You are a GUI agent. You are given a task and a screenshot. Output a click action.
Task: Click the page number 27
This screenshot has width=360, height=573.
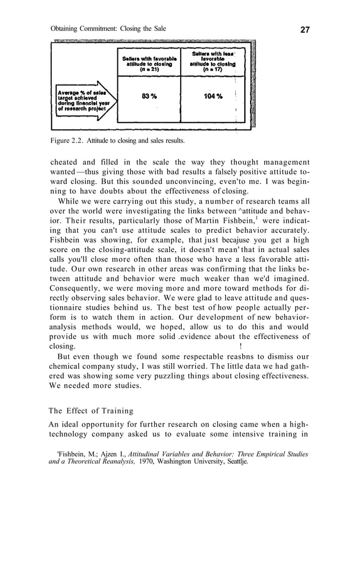(305, 29)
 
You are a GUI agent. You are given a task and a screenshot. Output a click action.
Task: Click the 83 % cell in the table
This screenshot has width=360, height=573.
(150, 96)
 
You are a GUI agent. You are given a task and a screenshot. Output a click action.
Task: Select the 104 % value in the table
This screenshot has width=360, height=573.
(213, 96)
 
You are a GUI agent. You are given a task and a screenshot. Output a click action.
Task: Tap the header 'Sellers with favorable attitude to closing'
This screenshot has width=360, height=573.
(150, 61)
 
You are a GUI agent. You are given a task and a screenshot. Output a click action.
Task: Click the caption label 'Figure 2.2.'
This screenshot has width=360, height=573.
(66, 139)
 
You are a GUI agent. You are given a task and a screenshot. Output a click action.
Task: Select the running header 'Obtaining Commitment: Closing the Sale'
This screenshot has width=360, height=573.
(108, 29)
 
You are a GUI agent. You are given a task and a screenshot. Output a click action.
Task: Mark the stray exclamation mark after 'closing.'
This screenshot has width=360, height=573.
(241, 346)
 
